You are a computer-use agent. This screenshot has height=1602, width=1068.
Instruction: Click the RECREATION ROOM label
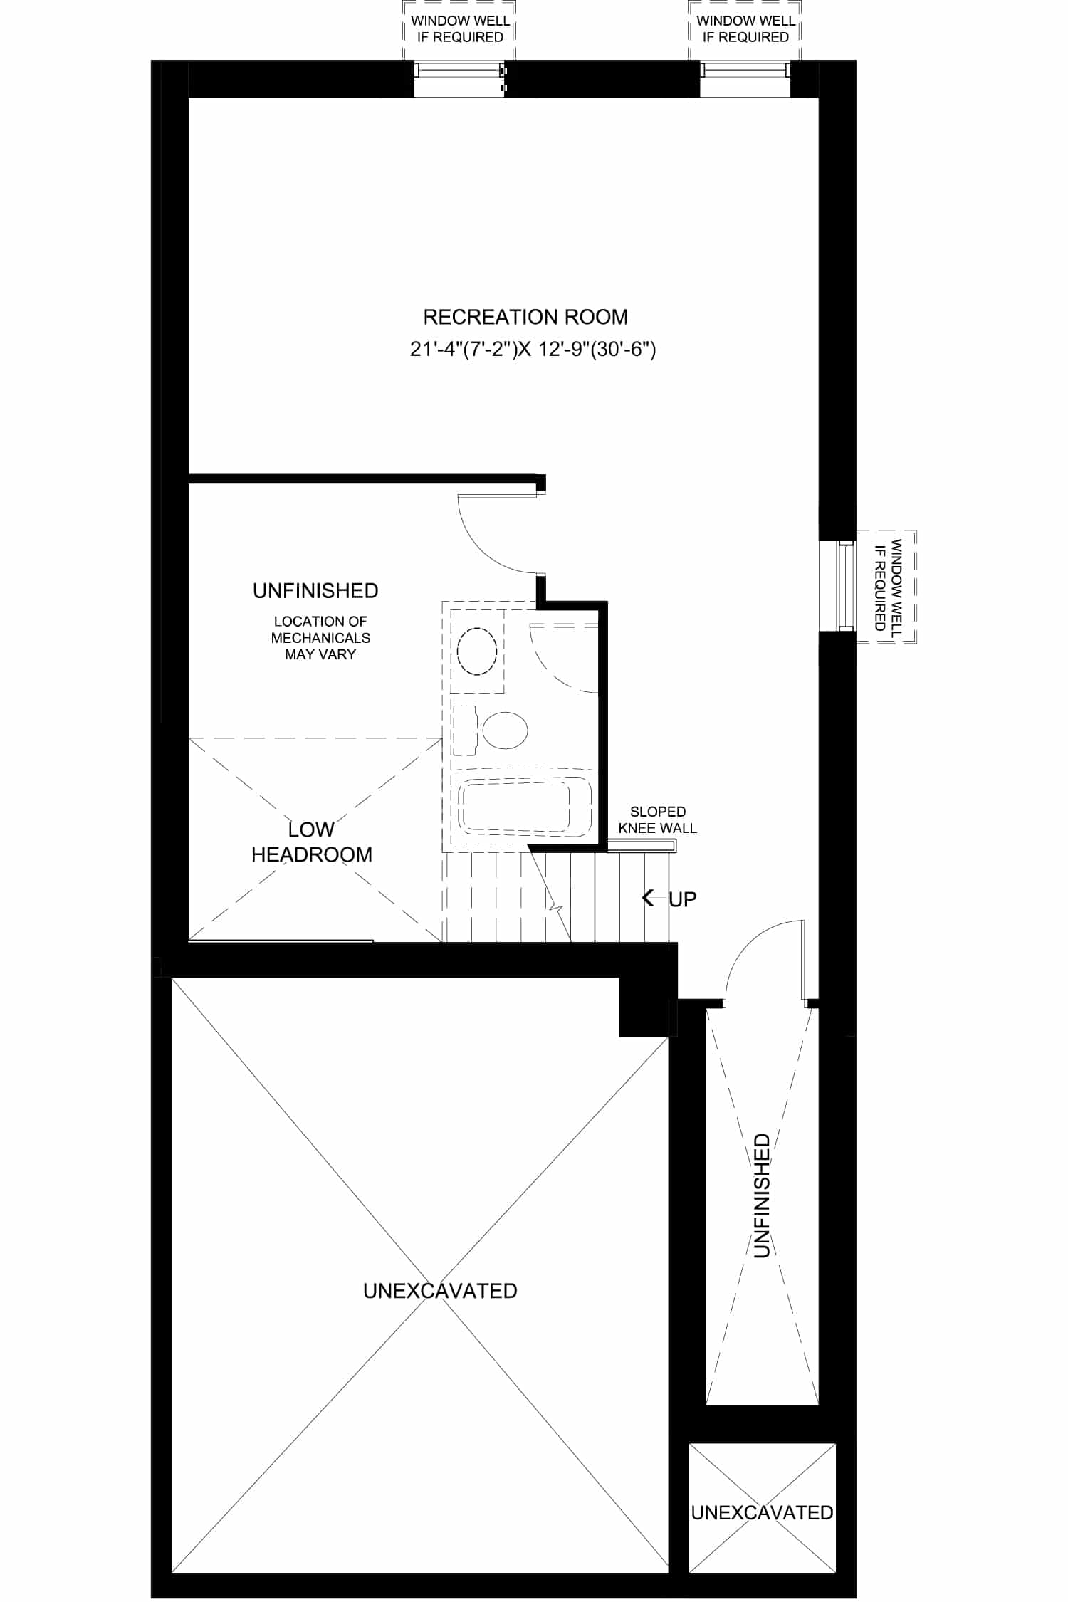[525, 317]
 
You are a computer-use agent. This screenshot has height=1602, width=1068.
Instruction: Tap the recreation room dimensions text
[533, 350]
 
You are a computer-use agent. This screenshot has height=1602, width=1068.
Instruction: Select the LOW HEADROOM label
[312, 842]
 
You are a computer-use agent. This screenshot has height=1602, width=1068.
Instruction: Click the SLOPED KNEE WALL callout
[657, 820]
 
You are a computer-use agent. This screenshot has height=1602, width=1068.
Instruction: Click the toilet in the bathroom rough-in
[491, 730]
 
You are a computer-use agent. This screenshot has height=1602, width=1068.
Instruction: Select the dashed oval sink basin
[476, 651]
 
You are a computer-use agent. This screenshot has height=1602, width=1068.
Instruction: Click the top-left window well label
[460, 29]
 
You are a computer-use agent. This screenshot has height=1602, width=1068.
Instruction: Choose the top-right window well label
[745, 29]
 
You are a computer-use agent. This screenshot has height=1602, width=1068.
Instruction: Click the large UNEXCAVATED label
[440, 1291]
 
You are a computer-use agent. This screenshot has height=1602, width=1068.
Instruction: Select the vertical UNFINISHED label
[761, 1195]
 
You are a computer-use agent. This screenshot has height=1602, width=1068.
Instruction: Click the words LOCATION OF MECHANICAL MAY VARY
[320, 638]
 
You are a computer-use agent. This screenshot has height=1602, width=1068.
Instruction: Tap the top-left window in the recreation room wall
[460, 78]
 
